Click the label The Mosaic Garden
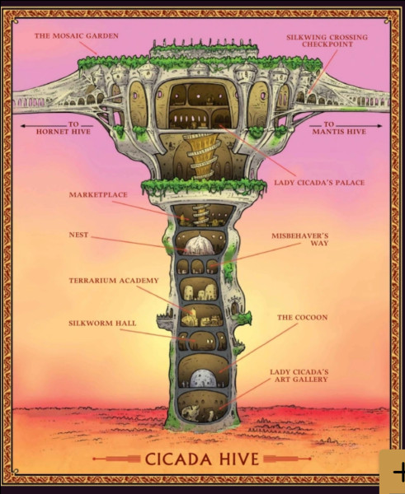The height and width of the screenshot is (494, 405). coord(77,35)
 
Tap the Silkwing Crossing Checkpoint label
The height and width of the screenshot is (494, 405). coord(327,40)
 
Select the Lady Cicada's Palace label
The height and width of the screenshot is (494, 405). coord(319,183)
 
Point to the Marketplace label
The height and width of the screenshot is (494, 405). coord(98,194)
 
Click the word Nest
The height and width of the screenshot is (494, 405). coord(78,235)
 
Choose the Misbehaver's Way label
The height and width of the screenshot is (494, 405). coord(300,239)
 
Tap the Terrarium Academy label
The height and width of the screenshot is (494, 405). coord(114,280)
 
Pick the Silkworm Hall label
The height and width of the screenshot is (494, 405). coord(102,323)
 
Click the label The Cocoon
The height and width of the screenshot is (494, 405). coord(303,317)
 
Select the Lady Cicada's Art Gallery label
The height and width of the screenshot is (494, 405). coord(299,375)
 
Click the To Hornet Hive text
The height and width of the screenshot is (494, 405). coord(64,128)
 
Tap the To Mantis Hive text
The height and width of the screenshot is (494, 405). coord(339,128)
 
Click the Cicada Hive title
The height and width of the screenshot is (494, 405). coord(202,459)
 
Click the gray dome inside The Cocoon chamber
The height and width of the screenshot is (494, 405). coord(203,378)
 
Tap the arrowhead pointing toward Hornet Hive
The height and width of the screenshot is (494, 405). coord(23,126)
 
